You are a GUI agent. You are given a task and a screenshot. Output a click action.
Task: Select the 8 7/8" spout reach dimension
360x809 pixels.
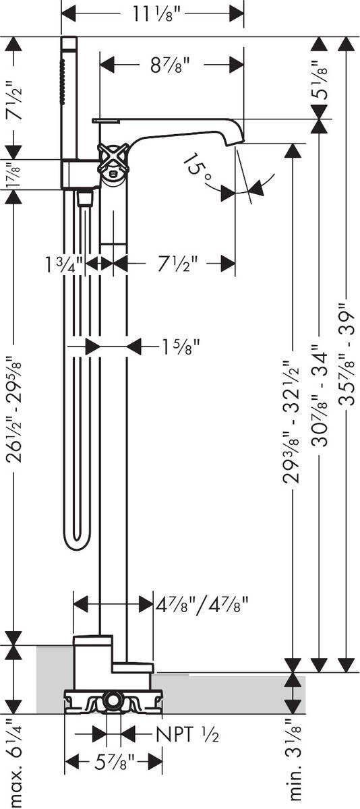167,65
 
